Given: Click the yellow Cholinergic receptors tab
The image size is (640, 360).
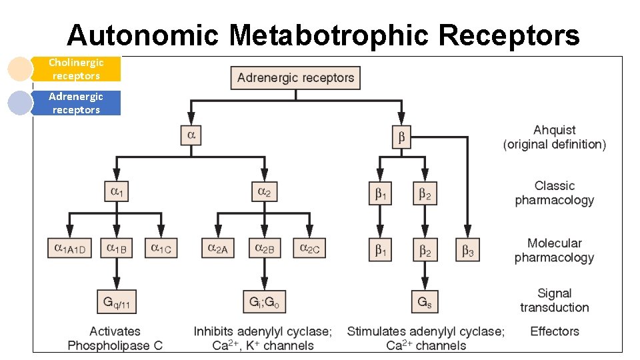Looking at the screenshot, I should pos(76,69).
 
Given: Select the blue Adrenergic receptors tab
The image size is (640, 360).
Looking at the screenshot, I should pos(76,103).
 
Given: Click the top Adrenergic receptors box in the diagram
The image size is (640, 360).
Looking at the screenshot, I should pos(295,78).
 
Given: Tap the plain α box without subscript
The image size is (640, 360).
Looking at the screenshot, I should pos(191,137).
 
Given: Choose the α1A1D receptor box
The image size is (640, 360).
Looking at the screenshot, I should pos(71,249).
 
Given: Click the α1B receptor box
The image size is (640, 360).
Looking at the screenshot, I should pos(117,249).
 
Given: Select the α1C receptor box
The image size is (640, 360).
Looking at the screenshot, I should pos(161,249).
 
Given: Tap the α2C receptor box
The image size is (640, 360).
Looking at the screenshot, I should pos(309,249).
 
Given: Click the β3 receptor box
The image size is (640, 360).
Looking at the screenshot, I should pos(468,250).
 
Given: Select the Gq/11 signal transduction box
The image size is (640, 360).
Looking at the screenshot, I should pos(117,302).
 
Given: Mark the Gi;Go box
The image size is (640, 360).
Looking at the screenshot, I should pos(264,302).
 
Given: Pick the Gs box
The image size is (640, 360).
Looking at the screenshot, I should pos(425,302).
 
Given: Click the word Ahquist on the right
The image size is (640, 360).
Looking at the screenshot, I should pos(554,130).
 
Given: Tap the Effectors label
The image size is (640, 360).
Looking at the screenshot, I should pos(555,331).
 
